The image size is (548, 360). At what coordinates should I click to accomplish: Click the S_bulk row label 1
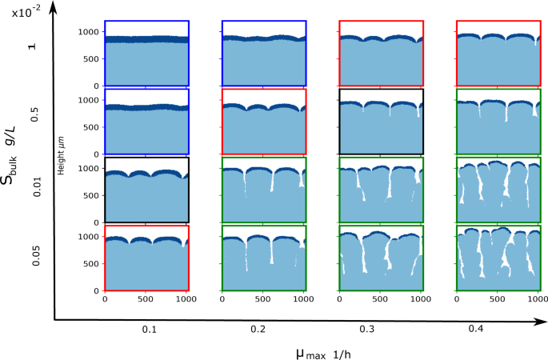tap(33, 47)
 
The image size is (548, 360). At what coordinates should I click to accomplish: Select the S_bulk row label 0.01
tap(33, 189)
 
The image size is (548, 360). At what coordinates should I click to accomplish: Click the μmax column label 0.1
tap(148, 329)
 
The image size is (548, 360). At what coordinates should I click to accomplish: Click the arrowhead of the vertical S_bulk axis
tap(54, 6)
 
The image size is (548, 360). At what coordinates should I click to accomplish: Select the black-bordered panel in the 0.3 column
tap(381, 121)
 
